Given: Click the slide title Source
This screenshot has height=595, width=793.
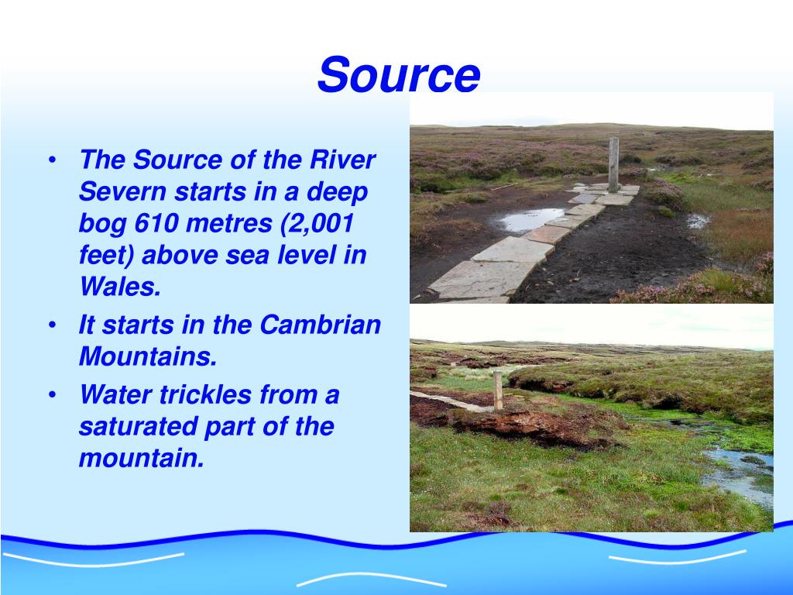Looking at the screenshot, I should (x=399, y=75).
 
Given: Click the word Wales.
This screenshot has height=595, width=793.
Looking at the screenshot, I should (x=119, y=287).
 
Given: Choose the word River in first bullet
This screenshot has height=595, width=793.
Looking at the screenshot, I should (x=342, y=160).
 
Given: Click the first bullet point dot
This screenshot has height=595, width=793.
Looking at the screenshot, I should (x=52, y=161).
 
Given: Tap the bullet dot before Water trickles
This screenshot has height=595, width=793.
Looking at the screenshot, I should (x=52, y=396).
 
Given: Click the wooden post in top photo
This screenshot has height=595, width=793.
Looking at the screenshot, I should (x=613, y=163).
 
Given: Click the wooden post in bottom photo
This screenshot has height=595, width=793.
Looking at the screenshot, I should (x=498, y=389).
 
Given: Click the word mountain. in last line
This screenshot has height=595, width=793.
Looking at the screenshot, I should (x=141, y=459).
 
